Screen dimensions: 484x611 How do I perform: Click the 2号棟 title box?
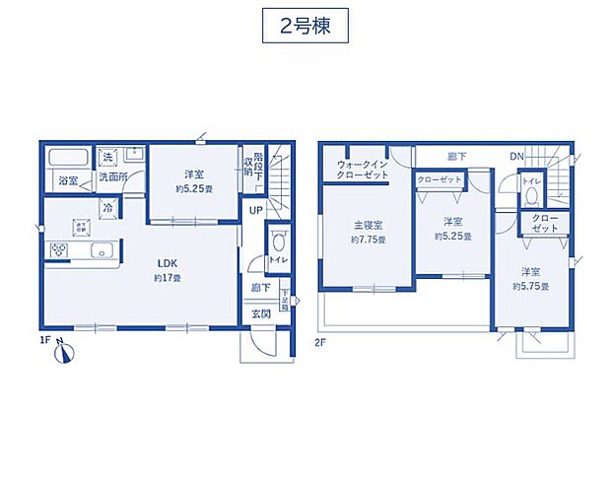click(x=305, y=25)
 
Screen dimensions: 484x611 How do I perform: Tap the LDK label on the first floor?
click(x=165, y=263)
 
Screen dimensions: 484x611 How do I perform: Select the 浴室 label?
click(x=68, y=181)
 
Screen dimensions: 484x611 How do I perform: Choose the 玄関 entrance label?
click(x=261, y=313)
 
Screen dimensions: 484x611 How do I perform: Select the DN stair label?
click(x=516, y=157)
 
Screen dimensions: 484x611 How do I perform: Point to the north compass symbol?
click(x=61, y=352)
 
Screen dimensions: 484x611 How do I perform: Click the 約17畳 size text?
click(x=166, y=279)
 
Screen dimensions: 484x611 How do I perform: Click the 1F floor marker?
click(x=43, y=340)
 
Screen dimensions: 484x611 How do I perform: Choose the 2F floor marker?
click(x=320, y=342)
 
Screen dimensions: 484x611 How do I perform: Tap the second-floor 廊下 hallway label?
click(x=456, y=157)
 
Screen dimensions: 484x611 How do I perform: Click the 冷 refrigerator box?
click(x=108, y=208)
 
